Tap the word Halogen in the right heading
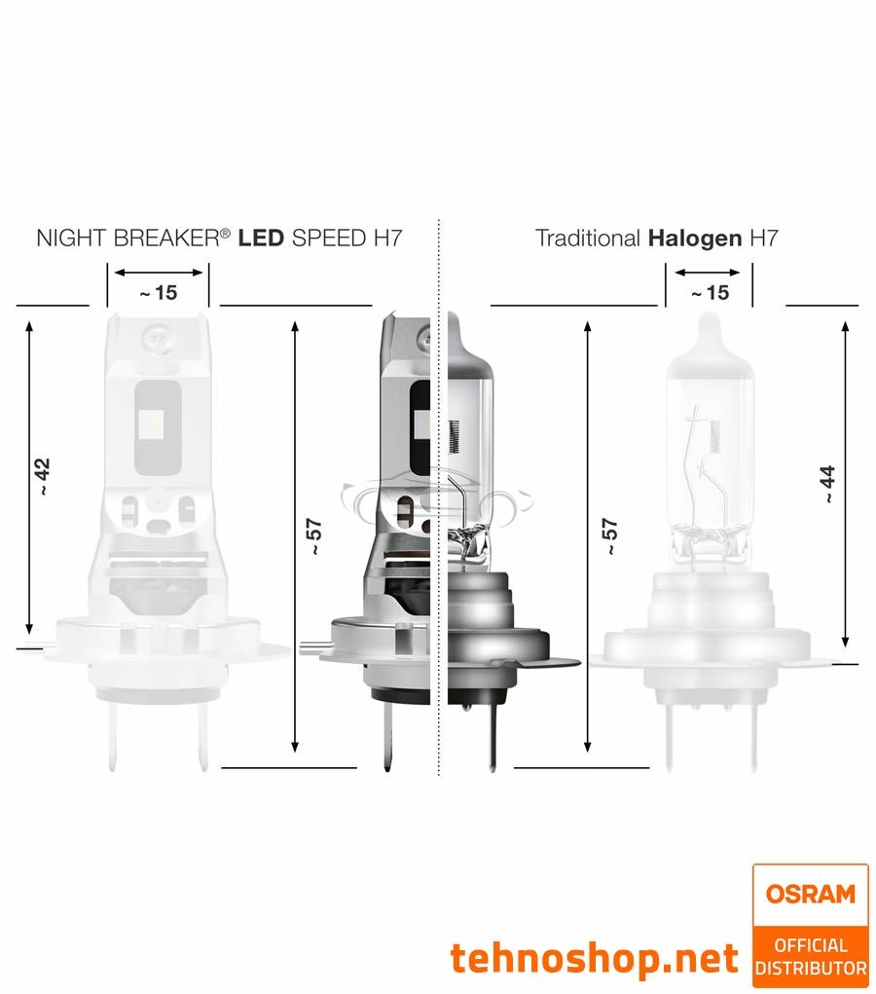[x=694, y=239]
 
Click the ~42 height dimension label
[x=41, y=476]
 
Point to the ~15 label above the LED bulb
[x=159, y=292]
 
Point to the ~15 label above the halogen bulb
[x=710, y=292]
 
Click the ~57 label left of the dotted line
[x=313, y=536]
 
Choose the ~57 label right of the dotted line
[x=610, y=536]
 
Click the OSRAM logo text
[x=810, y=894]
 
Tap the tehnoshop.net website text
[x=594, y=959]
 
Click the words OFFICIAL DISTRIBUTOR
[x=810, y=956]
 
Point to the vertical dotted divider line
[x=439, y=584]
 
